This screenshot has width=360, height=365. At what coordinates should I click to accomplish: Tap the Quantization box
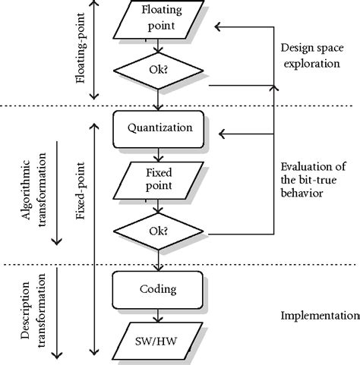pyautogui.click(x=159, y=128)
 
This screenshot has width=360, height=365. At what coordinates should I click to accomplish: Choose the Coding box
pyautogui.click(x=159, y=289)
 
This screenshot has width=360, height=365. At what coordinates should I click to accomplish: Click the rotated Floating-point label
pyautogui.click(x=82, y=50)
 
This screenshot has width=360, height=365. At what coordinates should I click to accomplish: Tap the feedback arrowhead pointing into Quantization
pyautogui.click(x=221, y=134)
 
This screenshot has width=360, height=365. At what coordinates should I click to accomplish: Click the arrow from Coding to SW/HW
pyautogui.click(x=159, y=317)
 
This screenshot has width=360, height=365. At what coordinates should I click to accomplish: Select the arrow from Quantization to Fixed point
pyautogui.click(x=159, y=154)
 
